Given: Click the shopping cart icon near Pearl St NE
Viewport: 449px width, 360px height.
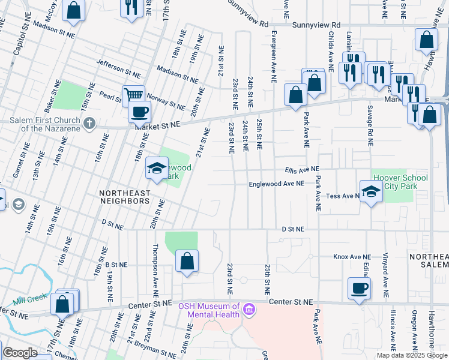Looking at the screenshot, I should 133,95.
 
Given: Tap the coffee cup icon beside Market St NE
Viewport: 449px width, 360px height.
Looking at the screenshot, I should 139,112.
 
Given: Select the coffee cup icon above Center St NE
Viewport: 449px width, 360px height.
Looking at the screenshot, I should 360,288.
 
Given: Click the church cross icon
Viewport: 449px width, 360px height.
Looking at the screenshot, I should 89,124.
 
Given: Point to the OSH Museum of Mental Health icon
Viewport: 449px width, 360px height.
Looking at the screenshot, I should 249,310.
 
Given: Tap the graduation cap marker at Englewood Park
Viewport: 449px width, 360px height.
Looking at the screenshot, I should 156,169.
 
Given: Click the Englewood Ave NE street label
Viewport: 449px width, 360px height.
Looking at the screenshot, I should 277,184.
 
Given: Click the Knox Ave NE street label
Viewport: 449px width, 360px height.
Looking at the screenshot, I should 352,256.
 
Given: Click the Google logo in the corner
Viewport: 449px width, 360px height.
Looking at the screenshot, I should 20,353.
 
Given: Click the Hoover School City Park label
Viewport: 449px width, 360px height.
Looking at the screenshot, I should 400,182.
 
